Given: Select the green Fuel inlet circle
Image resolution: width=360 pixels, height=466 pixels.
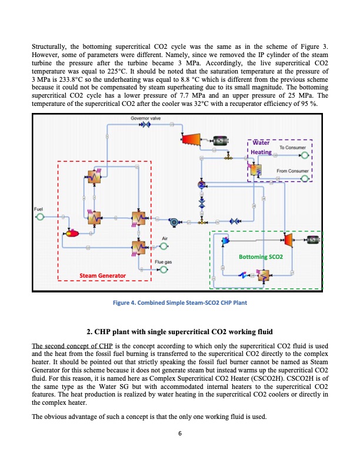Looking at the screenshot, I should pyautogui.click(x=40, y=217).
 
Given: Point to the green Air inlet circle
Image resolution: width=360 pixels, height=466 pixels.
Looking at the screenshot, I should pyautogui.click(x=165, y=245).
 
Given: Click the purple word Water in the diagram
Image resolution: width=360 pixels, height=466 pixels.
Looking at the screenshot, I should pyautogui.click(x=260, y=143).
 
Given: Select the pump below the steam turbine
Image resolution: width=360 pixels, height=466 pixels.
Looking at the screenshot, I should pyautogui.click(x=174, y=222).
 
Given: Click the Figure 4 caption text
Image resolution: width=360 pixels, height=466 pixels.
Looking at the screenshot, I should pyautogui.click(x=179, y=302).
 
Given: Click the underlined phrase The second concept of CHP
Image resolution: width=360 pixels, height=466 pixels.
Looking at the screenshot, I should pyautogui.click(x=64, y=345).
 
